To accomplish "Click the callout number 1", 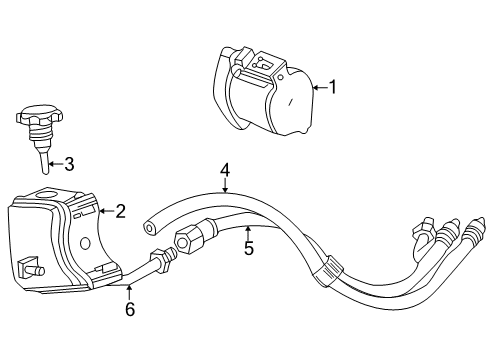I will [333, 87].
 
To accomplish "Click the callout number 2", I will [120, 210].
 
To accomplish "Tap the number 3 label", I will [68, 164].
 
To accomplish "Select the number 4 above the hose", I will [226, 172].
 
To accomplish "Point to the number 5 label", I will [248, 248].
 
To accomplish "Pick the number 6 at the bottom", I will [129, 309].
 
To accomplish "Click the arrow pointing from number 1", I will [318, 88].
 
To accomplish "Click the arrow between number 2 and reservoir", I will [104, 211].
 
